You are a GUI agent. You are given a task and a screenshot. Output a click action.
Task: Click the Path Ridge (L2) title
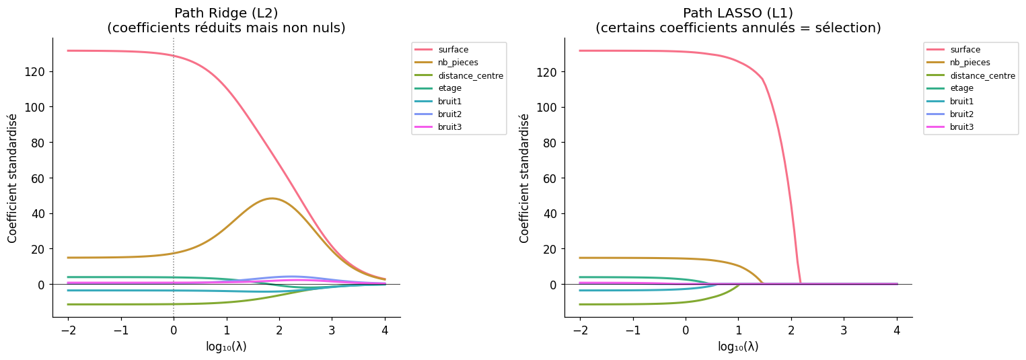pos(226,13)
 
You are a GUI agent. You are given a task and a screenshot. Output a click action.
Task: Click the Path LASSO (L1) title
pos(738,13)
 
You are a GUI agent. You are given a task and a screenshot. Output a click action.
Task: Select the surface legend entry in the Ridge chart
pos(453,50)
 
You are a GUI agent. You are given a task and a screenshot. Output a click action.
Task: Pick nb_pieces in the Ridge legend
pos(457,63)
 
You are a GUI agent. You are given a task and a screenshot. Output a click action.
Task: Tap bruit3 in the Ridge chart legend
pos(449,127)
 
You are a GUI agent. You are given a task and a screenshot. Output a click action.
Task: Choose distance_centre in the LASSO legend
pos(982,75)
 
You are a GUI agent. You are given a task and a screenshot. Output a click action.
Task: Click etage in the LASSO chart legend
pos(961,88)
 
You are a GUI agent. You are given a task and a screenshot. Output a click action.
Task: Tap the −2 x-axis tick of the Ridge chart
pos(68,331)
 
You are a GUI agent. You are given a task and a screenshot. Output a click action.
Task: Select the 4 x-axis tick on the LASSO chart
pos(897,331)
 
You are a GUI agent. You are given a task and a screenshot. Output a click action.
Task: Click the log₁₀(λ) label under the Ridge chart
pos(226,347)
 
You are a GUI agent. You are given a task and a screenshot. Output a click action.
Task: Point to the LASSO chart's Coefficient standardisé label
pos(525,178)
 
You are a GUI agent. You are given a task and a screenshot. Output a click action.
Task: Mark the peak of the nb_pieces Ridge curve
pos(271,199)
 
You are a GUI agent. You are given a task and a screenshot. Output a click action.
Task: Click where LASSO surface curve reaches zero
pos(801,283)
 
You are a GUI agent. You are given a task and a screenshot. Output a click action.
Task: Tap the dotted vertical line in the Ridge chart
pos(174,168)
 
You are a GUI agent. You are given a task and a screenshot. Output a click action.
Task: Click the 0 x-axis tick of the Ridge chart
pos(174,331)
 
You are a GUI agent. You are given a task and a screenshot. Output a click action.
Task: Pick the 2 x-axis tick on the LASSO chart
pos(791,331)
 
